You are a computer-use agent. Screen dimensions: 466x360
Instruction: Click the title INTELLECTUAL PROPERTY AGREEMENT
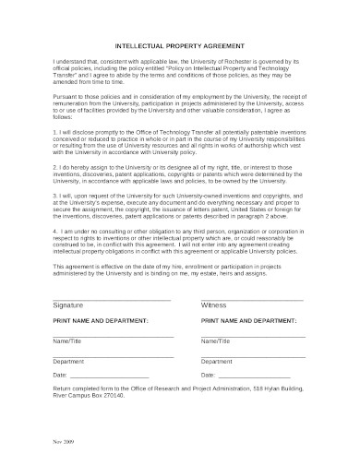[x=179, y=43]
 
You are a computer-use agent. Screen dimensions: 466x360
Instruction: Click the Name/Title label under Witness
[x=218, y=341]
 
